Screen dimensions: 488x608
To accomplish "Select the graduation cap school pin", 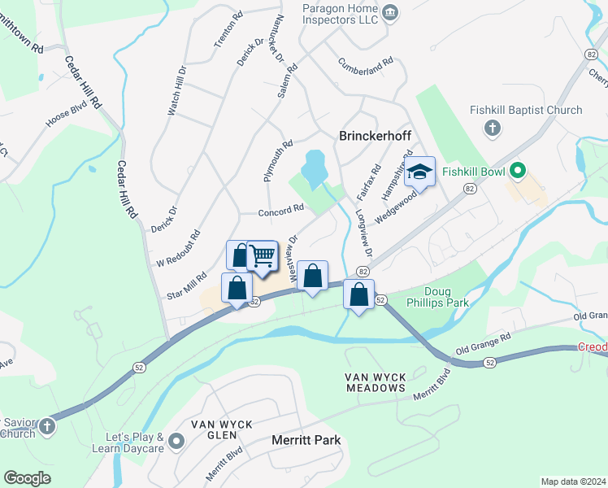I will (x=420, y=172).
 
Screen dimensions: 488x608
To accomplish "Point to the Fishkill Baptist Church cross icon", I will (x=491, y=128).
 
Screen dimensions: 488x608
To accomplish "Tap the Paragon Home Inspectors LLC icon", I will (x=390, y=11).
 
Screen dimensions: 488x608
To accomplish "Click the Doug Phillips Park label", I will (x=449, y=298).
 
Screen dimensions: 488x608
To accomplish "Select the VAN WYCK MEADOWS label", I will (x=375, y=382).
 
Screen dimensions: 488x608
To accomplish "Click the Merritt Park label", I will (x=305, y=440).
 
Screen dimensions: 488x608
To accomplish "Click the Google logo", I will (x=27, y=478).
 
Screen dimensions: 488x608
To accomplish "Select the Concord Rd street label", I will (x=280, y=211).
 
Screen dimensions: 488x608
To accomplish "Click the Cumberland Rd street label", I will (x=366, y=61).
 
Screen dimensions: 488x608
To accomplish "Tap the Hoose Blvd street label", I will (x=66, y=112).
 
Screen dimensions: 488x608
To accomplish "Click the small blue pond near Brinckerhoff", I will (x=314, y=168).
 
